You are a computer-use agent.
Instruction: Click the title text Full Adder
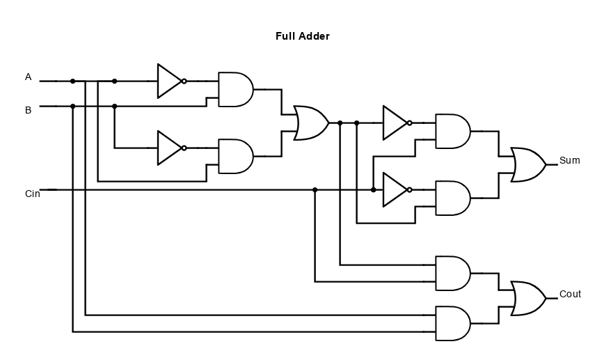(302, 36)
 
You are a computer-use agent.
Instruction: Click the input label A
(29, 77)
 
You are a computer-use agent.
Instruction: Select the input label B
(29, 110)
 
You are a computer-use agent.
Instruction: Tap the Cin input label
(33, 194)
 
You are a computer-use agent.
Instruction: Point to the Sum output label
(569, 161)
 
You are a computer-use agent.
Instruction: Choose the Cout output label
(570, 295)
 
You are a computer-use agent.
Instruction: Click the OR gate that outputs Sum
(527, 165)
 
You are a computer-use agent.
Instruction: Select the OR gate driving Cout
(527, 299)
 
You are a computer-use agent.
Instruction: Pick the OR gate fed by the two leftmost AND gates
(310, 123)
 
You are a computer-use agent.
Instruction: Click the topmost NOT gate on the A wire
(170, 81)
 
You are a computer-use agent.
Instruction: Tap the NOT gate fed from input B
(170, 148)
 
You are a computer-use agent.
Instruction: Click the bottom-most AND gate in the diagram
(452, 324)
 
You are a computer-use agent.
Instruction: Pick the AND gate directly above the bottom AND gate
(452, 274)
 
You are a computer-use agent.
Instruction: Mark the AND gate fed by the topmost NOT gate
(235, 90)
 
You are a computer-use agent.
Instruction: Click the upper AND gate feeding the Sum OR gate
(452, 132)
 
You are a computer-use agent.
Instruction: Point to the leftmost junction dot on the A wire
(72, 81)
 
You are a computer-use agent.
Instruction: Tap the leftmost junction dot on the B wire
(72, 107)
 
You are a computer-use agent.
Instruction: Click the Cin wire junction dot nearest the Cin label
(315, 190)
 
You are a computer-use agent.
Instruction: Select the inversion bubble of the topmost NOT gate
(184, 81)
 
